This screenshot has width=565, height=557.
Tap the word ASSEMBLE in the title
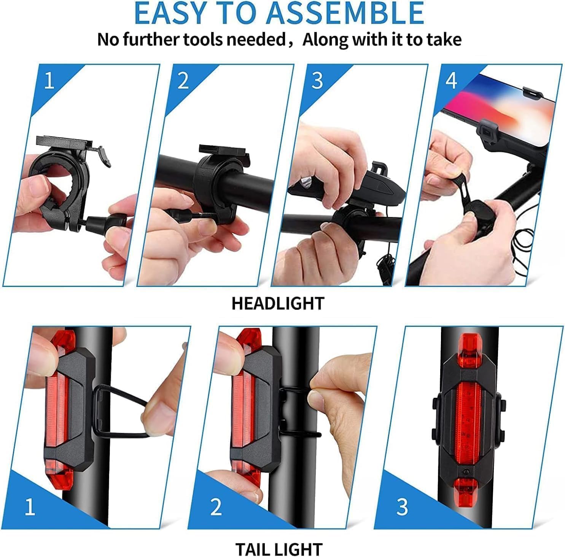345,13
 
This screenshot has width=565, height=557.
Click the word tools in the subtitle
207,39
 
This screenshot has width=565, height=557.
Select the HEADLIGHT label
278,304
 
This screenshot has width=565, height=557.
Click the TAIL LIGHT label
279,549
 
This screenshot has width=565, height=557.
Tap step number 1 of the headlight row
49,81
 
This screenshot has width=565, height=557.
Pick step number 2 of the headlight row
183,81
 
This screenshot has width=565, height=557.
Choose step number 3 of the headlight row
317,81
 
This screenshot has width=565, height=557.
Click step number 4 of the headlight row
451,81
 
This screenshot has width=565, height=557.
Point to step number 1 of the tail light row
30,507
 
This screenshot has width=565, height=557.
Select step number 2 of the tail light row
216,507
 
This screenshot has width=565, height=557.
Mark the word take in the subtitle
446,39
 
